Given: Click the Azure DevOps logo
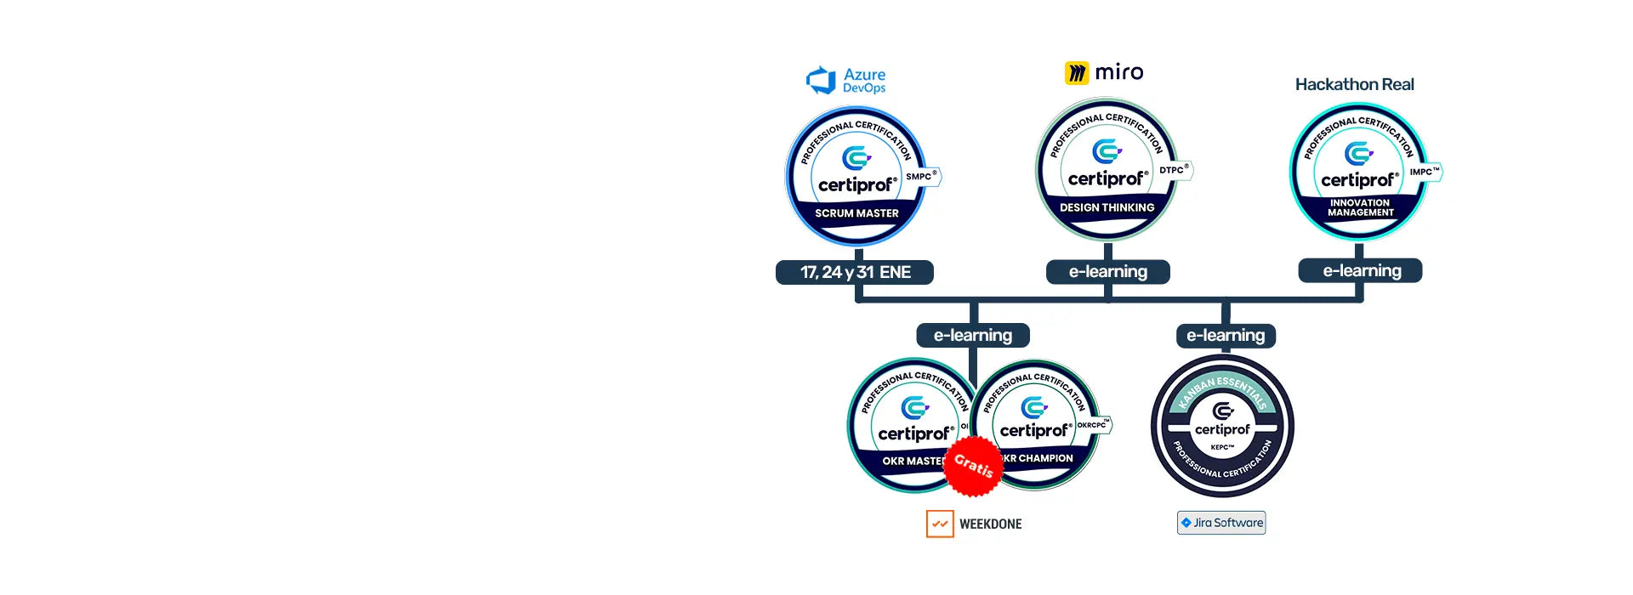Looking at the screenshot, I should pos(845,81).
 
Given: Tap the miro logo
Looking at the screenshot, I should pos(1104,72).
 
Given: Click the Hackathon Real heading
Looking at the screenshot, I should pos(1354,84).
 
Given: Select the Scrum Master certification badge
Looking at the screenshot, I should pos(856,177).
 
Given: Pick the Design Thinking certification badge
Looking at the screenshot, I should pos(1106,170).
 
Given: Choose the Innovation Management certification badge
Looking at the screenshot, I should pos(1358,173).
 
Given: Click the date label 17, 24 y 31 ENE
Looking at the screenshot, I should pos(855,272).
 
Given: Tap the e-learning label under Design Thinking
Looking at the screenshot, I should pos(1107,271).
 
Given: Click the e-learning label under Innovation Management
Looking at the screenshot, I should pos(1361,270).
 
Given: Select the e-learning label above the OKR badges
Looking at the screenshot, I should pos(973,335).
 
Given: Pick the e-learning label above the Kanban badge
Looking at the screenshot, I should pos(1226,335).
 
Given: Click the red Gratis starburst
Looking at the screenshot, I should pos(973,466).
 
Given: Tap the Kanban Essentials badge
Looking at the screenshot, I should pos(1222,426).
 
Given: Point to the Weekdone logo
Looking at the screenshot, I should pos(975,524).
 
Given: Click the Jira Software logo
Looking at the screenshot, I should pos(1221,523).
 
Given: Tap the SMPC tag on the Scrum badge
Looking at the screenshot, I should pos(921,177).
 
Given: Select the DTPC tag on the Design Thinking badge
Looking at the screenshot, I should pos(1174,170).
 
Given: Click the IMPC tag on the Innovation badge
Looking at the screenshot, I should pos(1425,172).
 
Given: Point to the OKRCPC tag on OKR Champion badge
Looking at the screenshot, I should pos(1094,424).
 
